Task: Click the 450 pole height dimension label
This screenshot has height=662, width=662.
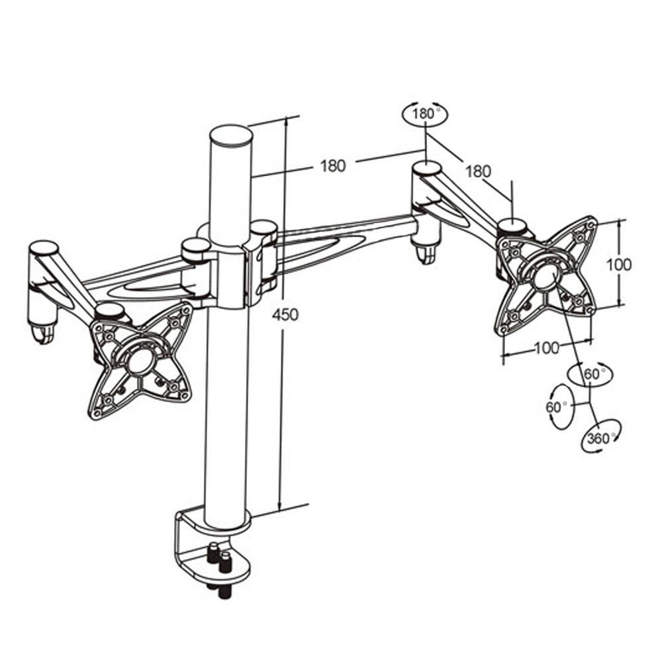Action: (x=285, y=314)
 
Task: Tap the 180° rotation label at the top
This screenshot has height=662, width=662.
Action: (x=425, y=114)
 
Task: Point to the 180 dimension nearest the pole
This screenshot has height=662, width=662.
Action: (x=333, y=165)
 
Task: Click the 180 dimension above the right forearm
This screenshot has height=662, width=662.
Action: (x=477, y=171)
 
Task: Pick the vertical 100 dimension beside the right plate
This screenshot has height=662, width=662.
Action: (x=619, y=265)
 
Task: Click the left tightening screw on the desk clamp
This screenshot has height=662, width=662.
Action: (x=213, y=552)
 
